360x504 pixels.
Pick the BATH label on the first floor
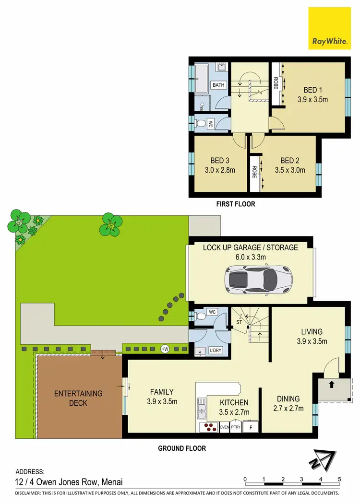pos(219,85)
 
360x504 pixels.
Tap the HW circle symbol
pos(166,349)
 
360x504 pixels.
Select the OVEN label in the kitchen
pos(224,425)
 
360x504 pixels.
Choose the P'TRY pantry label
pos(236,425)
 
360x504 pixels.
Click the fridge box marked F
pos(250,426)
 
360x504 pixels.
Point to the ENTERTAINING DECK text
pos(78,398)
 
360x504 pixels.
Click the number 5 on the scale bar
pos(339,479)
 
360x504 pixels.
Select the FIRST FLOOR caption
pos(236,204)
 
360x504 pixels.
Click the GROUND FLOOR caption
pos(182,448)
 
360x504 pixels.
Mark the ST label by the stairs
pos(239,322)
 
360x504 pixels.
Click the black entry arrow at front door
pos(332,383)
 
